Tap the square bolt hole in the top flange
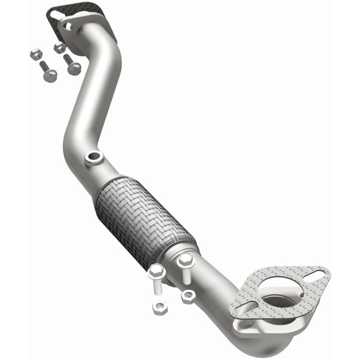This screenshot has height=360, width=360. [x=68, y=27]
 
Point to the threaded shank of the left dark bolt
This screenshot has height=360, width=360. [x=43, y=67]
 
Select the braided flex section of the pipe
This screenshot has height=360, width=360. [x=144, y=211]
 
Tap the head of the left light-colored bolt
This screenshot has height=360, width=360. [x=156, y=270]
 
